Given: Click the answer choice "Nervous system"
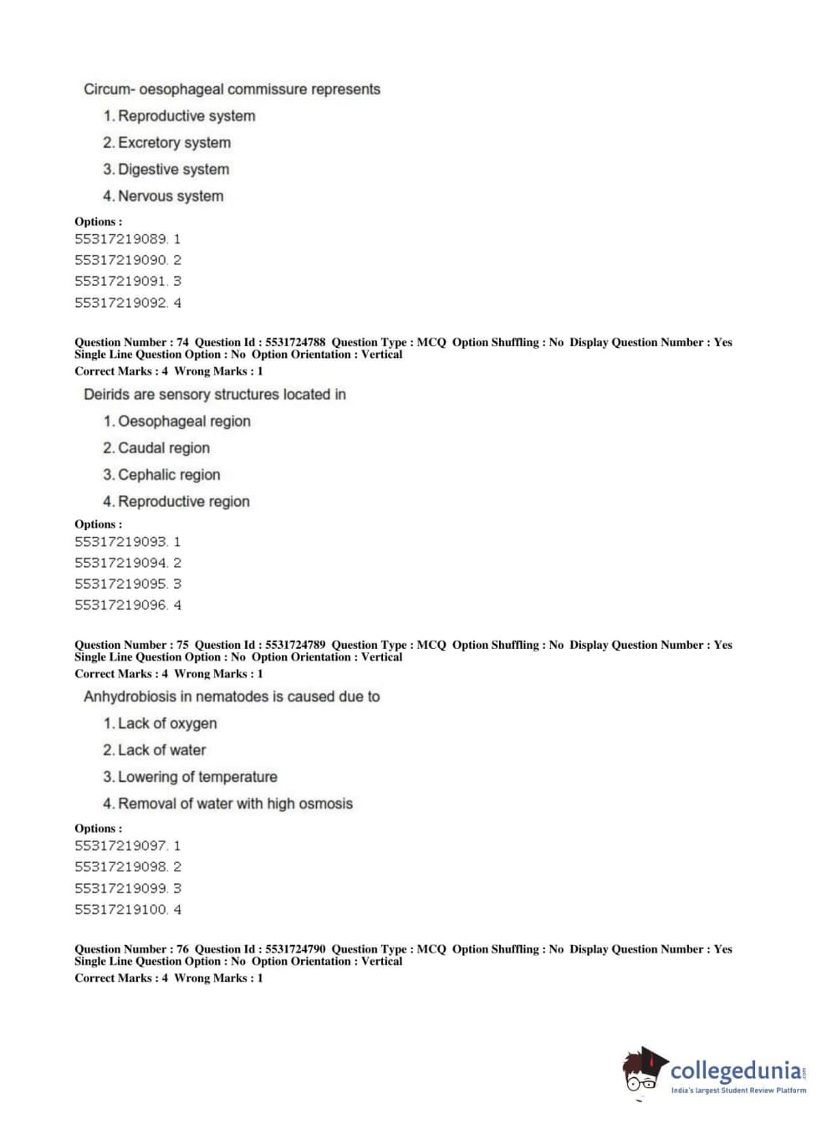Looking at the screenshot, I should point(170,197).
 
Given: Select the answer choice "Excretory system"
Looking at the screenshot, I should point(174,143).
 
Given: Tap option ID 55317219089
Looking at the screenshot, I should point(121,239).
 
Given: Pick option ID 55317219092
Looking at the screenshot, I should point(121,303).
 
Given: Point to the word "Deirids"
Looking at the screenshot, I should point(106,395).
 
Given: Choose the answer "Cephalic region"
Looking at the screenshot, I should point(169,475).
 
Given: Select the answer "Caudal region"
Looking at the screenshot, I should point(164,448).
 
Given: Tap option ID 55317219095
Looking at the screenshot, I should point(121,584).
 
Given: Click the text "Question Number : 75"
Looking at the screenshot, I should point(131,645).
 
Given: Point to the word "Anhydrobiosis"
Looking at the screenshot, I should point(130,697).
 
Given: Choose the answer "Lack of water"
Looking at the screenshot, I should point(161,750).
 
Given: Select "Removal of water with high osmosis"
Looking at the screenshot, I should point(235,804).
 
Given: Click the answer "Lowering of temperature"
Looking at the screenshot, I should point(197,777).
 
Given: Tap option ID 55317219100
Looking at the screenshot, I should point(121,909).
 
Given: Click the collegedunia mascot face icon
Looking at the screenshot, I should point(642,1070).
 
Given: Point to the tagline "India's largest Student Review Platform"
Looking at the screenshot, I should point(738,1091).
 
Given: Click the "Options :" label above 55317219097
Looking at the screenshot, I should point(98,828).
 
